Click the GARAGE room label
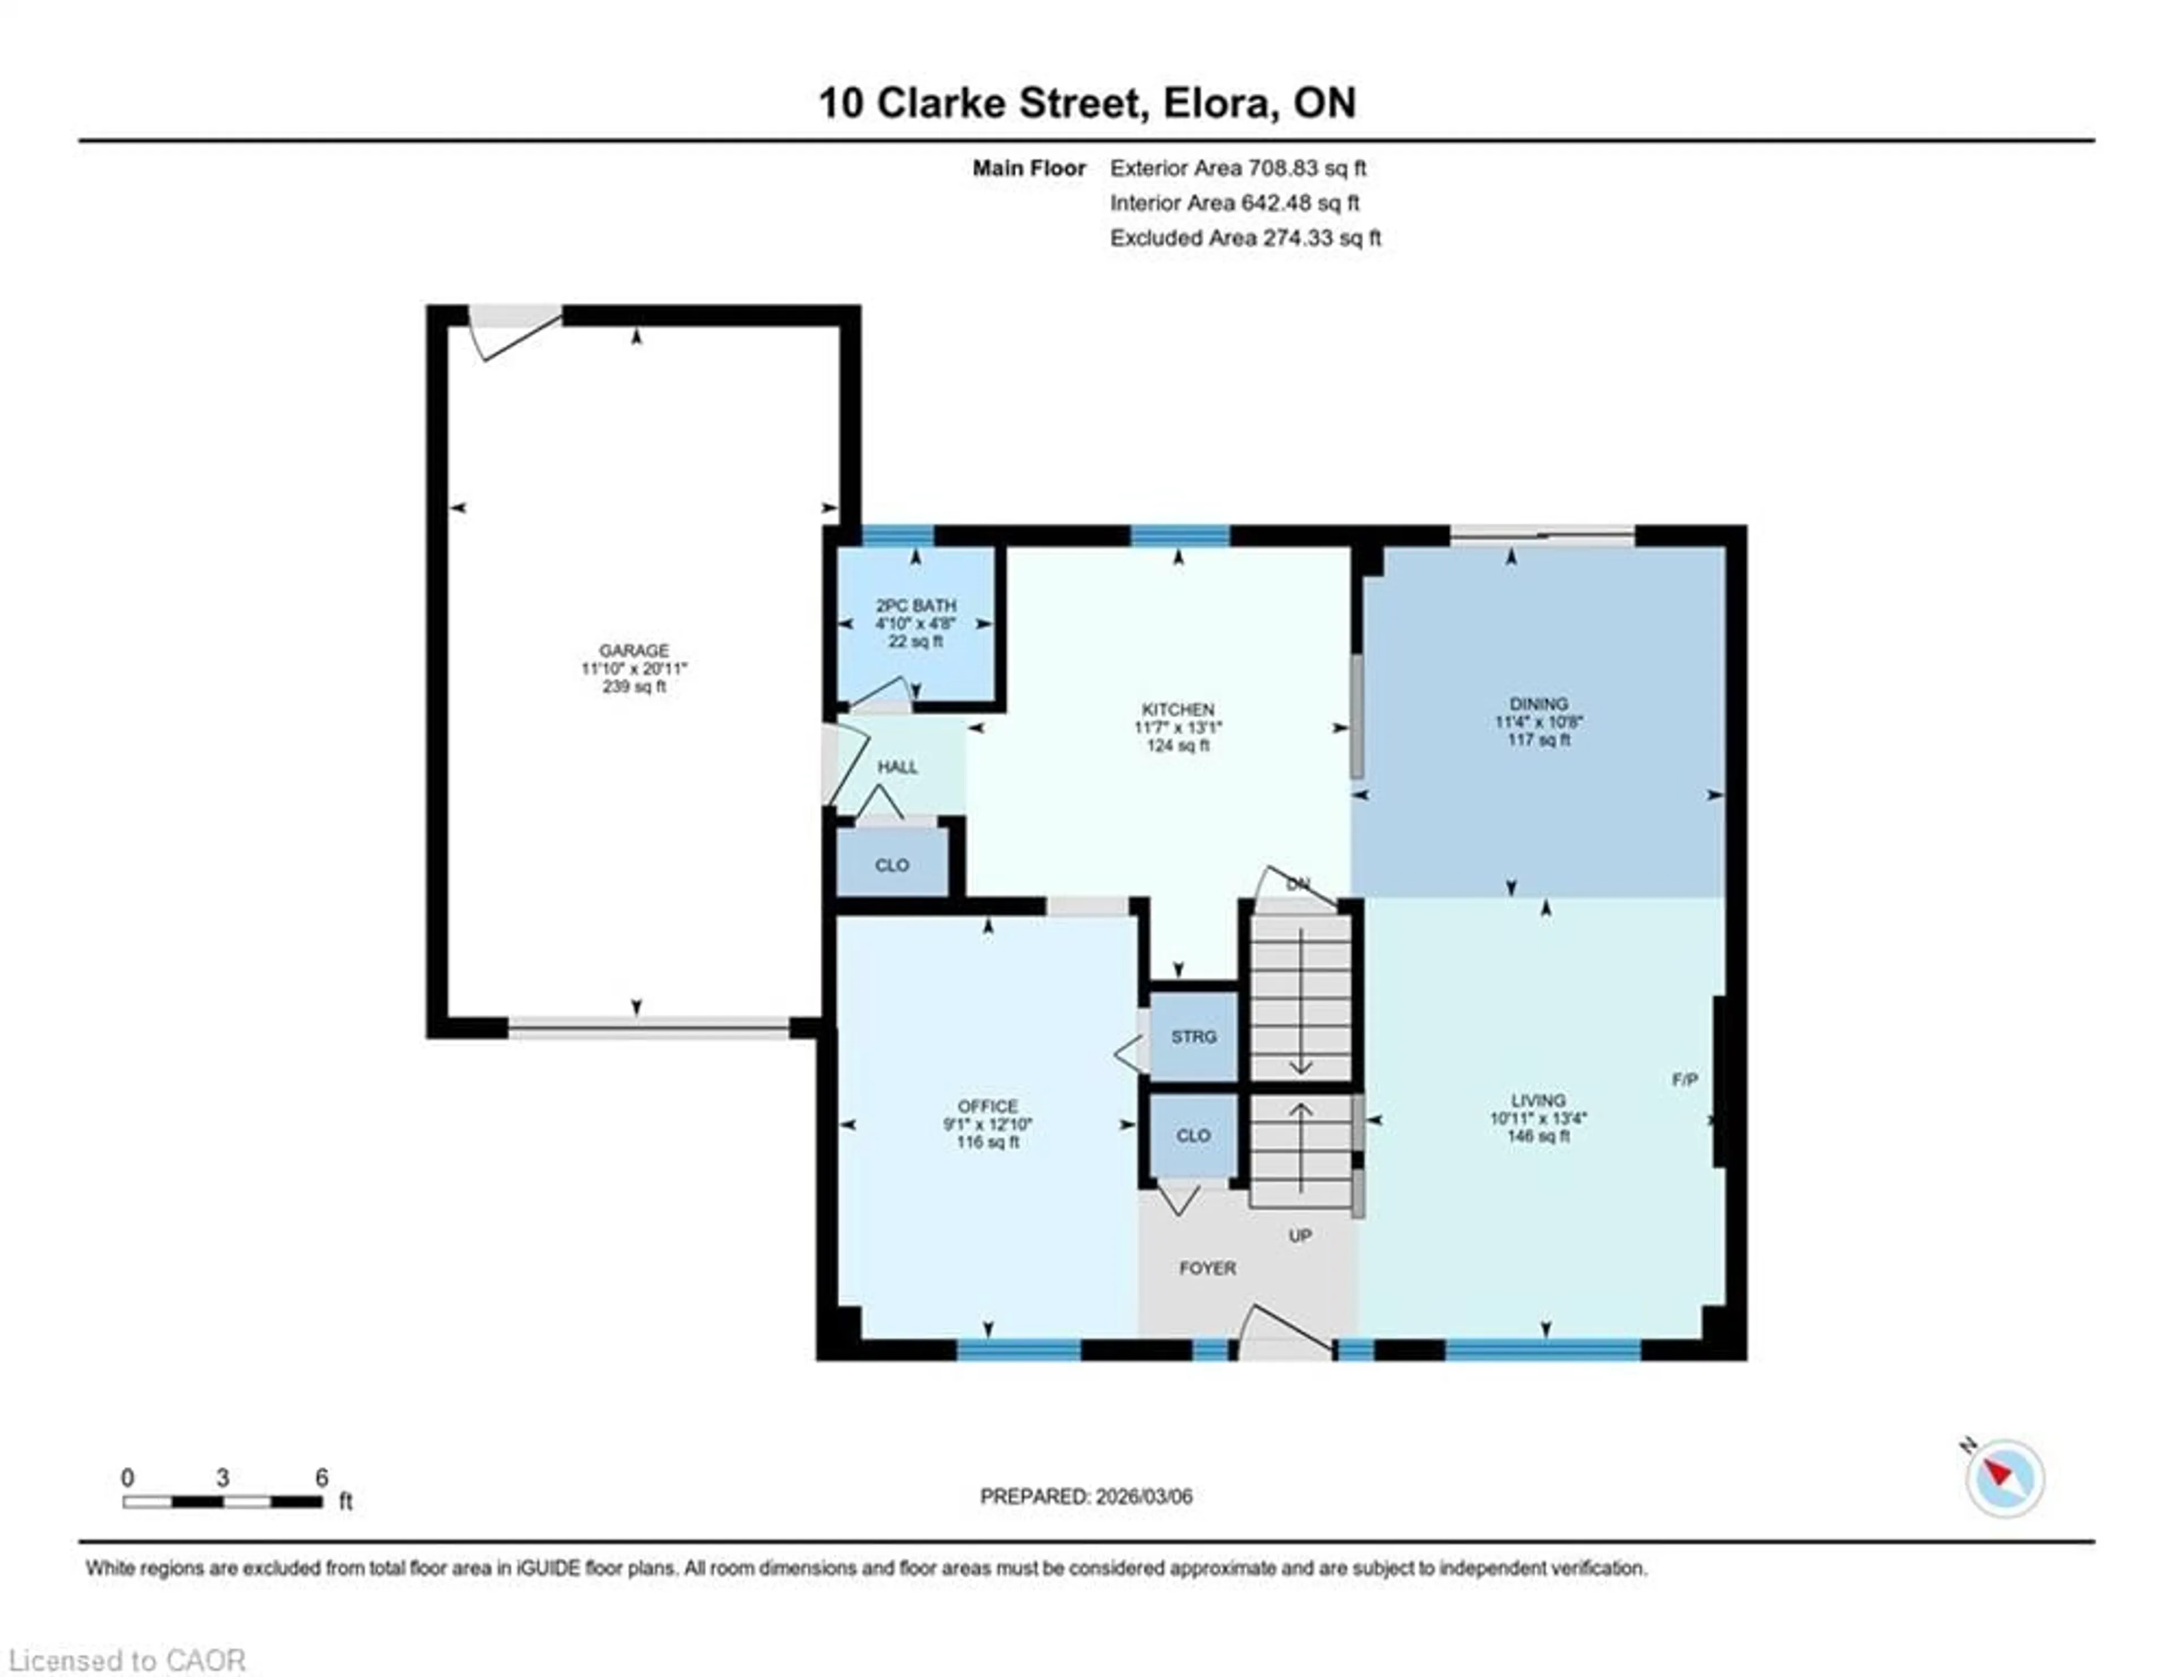(x=633, y=650)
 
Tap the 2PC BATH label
(x=915, y=605)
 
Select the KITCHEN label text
(x=1178, y=709)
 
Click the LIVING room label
(x=1537, y=1100)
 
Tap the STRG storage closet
(x=1193, y=1037)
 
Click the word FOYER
(x=1208, y=1268)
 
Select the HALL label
(x=897, y=767)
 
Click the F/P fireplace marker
(x=1684, y=1079)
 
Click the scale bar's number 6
(x=321, y=1478)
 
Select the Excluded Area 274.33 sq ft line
(x=1245, y=238)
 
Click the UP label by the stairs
(x=1300, y=1235)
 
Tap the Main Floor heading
(x=1028, y=168)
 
